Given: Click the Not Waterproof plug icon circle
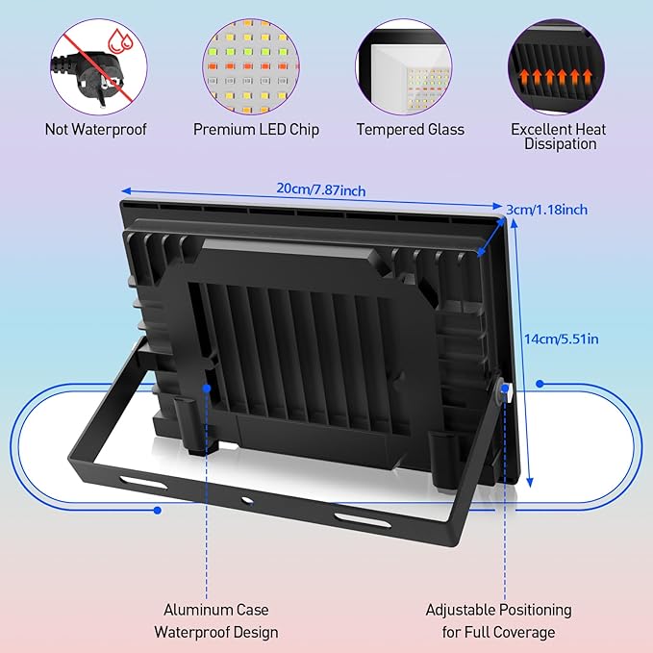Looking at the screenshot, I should (x=95, y=67).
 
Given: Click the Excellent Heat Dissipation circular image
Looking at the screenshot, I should (x=559, y=67).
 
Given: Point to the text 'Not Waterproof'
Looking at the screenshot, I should (x=95, y=129).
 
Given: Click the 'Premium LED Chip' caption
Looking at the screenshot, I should (x=256, y=129).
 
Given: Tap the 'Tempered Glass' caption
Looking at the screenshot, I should (x=410, y=129).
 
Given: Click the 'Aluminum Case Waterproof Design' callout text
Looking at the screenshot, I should (x=215, y=620).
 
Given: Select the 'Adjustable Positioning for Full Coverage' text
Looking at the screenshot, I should (x=498, y=620).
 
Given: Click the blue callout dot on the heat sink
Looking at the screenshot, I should (x=208, y=387).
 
